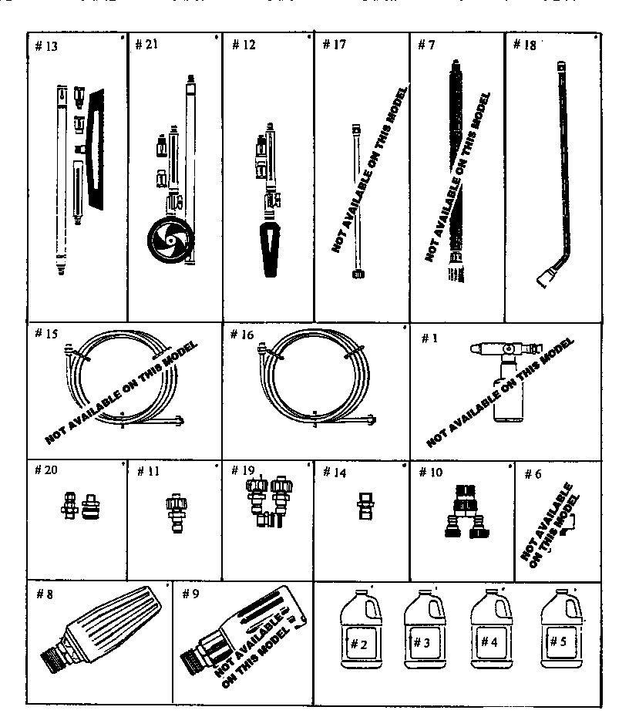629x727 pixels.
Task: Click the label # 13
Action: pyautogui.click(x=47, y=45)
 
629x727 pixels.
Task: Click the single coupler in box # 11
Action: pyautogui.click(x=177, y=513)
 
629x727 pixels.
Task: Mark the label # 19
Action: pyautogui.click(x=244, y=471)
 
